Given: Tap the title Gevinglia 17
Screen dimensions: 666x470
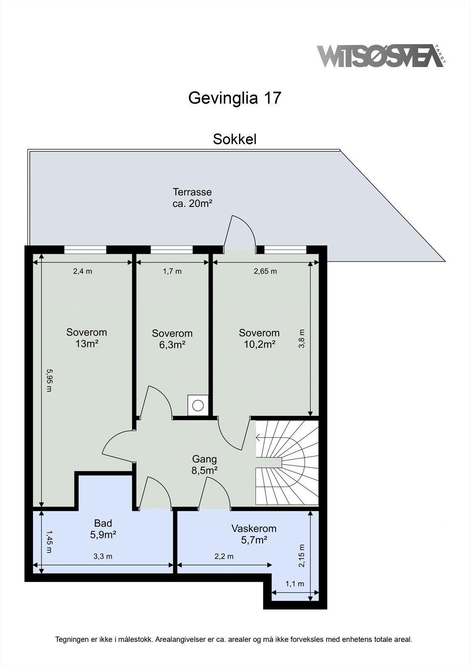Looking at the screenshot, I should click(x=235, y=98).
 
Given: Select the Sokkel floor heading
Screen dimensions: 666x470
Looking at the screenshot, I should click(x=234, y=139).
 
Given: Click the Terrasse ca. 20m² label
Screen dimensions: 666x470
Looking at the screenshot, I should click(x=192, y=198).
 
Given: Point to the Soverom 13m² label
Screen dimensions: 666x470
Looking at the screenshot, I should click(x=86, y=338).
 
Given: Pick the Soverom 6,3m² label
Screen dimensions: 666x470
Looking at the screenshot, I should click(x=172, y=339).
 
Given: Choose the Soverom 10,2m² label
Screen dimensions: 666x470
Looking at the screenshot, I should click(x=259, y=338).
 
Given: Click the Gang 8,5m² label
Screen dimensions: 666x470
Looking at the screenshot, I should click(x=204, y=465).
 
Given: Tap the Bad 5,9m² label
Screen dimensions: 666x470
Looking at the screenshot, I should click(x=103, y=529).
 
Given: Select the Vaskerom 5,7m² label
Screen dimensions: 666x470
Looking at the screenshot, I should click(x=253, y=534).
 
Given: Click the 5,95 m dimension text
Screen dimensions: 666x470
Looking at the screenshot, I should click(x=49, y=380).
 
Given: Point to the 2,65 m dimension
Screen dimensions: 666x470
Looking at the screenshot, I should click(x=265, y=271).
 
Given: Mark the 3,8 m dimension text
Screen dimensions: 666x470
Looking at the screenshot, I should click(x=302, y=338).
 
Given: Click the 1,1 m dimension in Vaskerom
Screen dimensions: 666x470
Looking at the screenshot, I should click(x=295, y=584).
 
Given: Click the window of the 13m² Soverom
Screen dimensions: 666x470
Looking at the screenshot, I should click(x=85, y=249).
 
